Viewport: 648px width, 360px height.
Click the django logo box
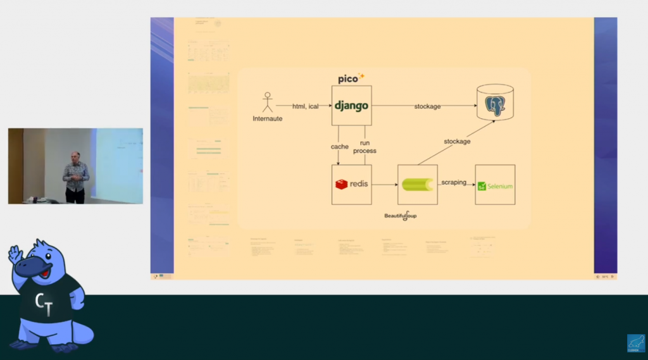[351, 106]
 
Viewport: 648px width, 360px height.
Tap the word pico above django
[349, 78]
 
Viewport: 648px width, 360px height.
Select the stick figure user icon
[268, 102]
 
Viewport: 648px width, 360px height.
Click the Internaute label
[268, 118]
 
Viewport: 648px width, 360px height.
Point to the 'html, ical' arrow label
[305, 106]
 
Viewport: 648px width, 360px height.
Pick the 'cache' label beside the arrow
[340, 147]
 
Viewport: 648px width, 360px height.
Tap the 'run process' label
[364, 147]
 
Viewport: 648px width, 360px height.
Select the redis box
[351, 184]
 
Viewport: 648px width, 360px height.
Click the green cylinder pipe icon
[418, 184]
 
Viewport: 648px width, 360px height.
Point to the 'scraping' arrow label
[454, 182]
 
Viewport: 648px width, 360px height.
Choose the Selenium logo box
[495, 185]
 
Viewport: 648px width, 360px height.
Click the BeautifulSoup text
[401, 216]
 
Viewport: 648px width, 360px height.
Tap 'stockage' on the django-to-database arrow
[427, 106]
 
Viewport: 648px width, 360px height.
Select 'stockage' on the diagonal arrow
[457, 142]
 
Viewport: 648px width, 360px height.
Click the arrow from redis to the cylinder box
[384, 185]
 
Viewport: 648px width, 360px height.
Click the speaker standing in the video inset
[75, 177]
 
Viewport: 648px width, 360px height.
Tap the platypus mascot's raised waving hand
[15, 254]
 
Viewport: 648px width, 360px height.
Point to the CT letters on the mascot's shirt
[43, 303]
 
